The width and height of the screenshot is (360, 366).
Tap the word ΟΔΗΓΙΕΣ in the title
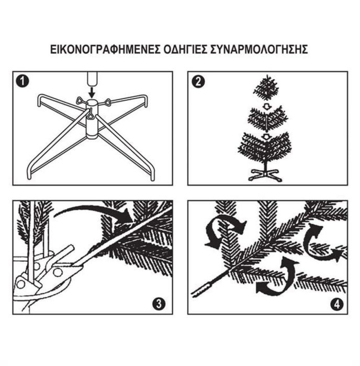pyautogui.click(x=185, y=50)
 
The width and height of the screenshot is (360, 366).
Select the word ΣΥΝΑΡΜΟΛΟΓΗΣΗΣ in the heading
pyautogui.click(x=259, y=50)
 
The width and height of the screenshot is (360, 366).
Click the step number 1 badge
pyautogui.click(x=22, y=82)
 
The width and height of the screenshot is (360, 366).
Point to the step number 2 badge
pyautogui.click(x=198, y=82)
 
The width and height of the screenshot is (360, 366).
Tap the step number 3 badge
pyautogui.click(x=159, y=304)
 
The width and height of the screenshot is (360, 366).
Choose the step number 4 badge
pyautogui.click(x=337, y=304)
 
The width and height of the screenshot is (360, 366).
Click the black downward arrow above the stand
pyautogui.click(x=92, y=93)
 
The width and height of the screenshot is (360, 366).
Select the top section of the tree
pyautogui.click(x=266, y=88)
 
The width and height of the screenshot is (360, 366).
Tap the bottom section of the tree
pyautogui.click(x=265, y=147)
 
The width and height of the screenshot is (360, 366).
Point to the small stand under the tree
pyautogui.click(x=265, y=175)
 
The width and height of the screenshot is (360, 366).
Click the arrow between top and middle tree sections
pyautogui.click(x=266, y=106)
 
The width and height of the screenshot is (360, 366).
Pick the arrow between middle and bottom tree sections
pyautogui.click(x=265, y=137)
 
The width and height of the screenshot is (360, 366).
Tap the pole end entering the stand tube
pyautogui.click(x=92, y=80)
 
